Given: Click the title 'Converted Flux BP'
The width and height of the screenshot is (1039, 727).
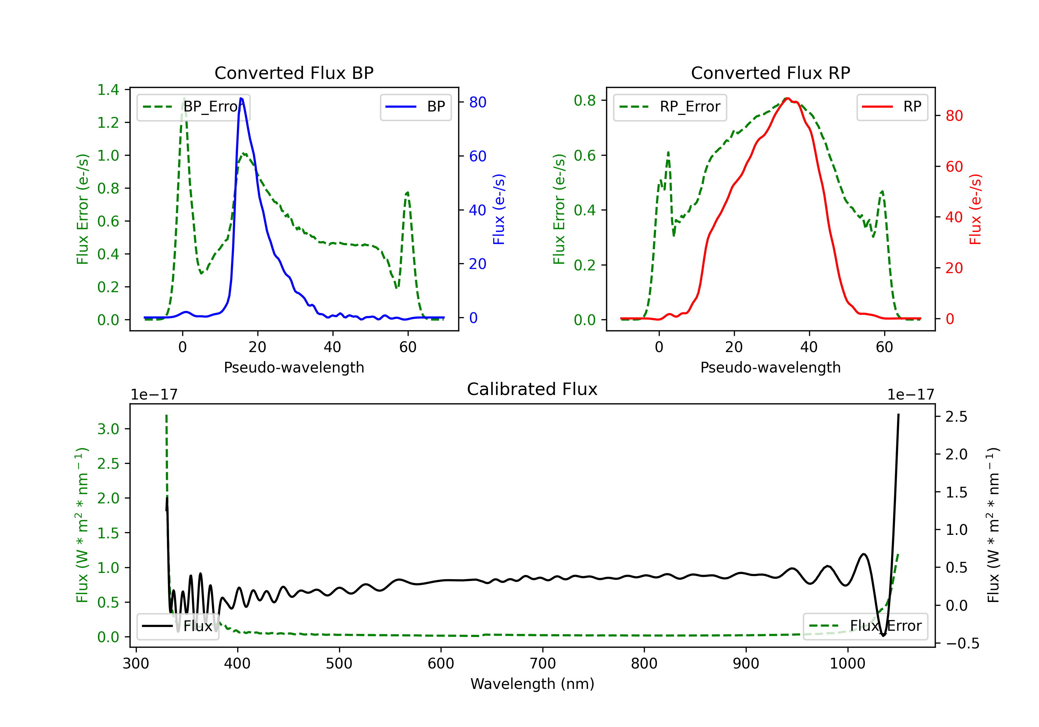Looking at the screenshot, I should point(294,73).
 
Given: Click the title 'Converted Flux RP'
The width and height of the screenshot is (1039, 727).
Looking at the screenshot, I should point(770,73).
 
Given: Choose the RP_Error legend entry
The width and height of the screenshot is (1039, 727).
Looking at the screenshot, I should point(670,107).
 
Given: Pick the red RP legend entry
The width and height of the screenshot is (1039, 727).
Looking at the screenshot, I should point(892,107).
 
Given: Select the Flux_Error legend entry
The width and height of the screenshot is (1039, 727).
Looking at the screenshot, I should point(865,626).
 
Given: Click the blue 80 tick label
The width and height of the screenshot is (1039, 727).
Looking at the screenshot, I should point(477,102).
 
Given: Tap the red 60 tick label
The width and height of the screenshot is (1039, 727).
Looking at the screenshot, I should point(954,167).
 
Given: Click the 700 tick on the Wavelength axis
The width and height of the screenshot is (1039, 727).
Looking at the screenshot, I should point(543,664).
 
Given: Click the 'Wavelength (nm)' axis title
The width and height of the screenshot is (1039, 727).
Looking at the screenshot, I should point(532,684).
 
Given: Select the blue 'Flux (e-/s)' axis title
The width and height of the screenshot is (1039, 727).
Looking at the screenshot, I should point(499,209).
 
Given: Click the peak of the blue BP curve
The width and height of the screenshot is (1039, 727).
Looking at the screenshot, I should point(241,98).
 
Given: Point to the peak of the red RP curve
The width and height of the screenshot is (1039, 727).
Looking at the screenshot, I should point(788,98).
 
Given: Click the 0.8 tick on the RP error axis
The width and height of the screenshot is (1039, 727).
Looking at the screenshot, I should point(585,100).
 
